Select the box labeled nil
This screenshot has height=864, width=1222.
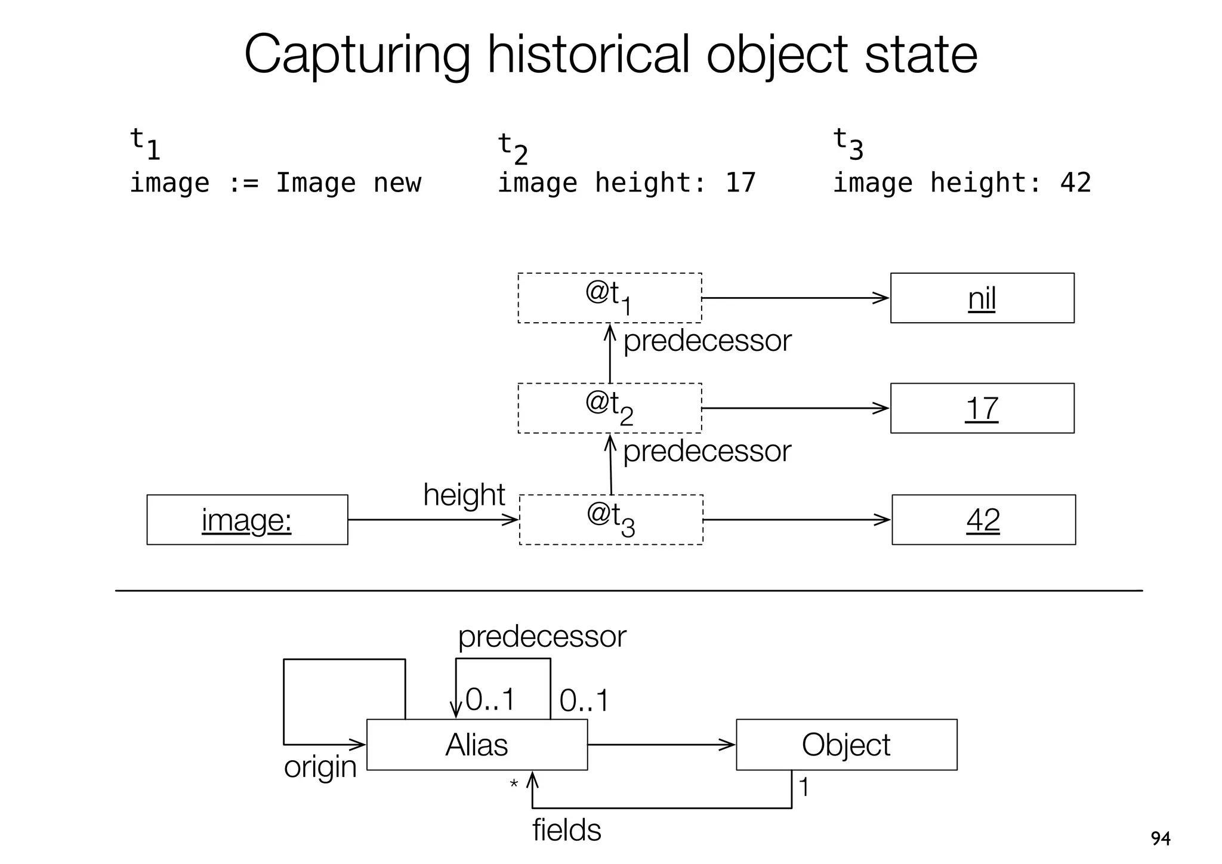982,298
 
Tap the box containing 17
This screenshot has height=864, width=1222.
982,408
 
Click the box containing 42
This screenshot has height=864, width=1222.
983,520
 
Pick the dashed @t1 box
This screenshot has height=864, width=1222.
609,298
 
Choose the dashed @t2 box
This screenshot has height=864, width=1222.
609,408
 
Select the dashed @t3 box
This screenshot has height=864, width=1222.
610,520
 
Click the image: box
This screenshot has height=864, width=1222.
247,520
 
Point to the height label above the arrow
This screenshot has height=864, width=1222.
464,495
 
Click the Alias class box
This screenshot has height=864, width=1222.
476,745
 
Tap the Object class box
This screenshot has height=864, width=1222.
845,745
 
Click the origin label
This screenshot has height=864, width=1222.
320,767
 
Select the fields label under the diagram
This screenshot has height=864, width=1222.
566,830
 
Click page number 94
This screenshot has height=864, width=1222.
1160,839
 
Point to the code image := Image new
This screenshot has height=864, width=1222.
275,183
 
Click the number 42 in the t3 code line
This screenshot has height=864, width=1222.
1075,183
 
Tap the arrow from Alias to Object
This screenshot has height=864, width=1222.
661,745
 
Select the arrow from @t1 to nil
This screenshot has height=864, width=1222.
795,298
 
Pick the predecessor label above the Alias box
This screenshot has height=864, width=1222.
542,637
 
